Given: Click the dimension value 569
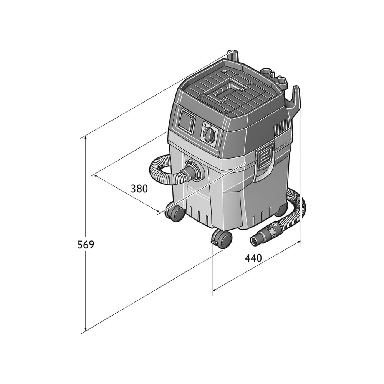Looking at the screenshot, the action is pos(86,245).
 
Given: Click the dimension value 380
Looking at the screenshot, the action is pos(139,189).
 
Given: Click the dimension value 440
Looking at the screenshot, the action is pos(253,258).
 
